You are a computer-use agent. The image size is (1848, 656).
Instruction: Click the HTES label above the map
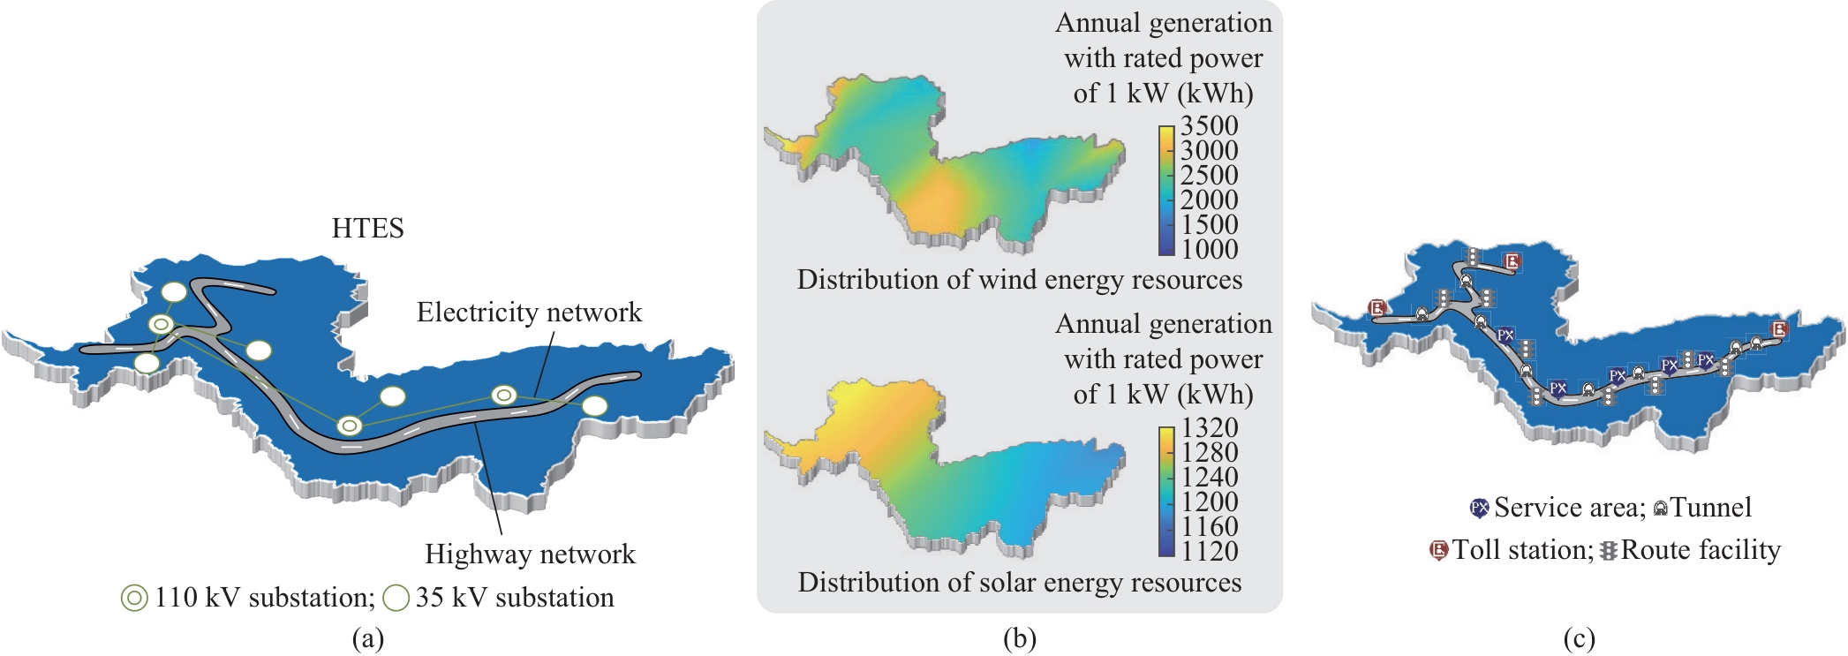367,229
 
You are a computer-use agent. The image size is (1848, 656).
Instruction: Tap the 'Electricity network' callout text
529,313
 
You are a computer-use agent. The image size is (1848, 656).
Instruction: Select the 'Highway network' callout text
530,554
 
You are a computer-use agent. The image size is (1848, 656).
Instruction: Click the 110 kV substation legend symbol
134,599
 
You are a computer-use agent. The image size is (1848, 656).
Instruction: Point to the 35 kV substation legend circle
396,599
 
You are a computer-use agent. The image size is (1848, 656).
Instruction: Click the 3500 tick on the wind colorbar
1209,125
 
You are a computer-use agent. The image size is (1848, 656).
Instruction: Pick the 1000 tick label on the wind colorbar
1209,249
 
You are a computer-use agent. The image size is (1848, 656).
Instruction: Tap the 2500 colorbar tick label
1209,175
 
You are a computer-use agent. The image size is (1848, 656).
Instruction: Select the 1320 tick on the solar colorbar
1209,427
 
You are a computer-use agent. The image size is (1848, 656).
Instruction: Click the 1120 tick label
1209,551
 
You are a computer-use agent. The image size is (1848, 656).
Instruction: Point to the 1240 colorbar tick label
1209,477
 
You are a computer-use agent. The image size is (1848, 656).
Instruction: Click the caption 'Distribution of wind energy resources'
1019,280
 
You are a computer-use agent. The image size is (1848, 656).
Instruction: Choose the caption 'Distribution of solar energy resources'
1019,583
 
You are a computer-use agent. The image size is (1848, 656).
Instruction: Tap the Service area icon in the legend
1479,509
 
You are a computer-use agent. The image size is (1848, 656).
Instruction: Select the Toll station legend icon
1439,551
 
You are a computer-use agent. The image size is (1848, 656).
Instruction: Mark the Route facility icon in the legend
1609,551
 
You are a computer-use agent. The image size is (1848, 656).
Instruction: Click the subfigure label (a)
367,638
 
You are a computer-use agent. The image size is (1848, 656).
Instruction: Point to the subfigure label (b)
1019,638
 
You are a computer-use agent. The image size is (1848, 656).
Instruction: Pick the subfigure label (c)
1579,638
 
